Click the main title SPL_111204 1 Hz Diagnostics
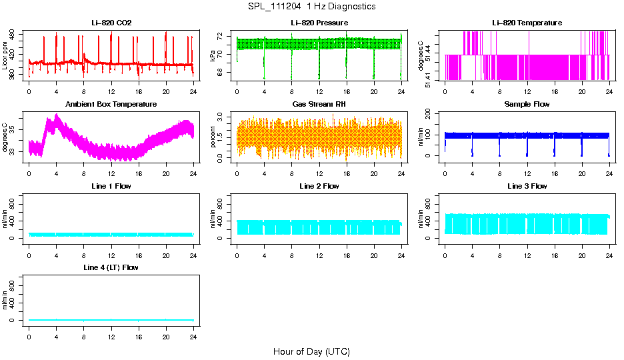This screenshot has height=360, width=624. tap(311, 7)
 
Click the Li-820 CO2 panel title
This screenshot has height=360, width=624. tap(111, 23)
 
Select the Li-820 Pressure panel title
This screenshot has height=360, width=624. tap(319, 23)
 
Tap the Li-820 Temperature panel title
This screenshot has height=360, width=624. tap(527, 23)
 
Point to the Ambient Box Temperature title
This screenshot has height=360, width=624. tap(111, 105)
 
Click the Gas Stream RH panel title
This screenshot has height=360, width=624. tap(319, 105)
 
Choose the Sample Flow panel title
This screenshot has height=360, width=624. tap(527, 105)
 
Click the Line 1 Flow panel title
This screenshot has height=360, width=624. tap(111, 186)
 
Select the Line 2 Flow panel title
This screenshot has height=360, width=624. tap(319, 186)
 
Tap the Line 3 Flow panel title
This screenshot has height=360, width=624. tap(527, 186)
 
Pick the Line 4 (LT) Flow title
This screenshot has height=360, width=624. tap(111, 267)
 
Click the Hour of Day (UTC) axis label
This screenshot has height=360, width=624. tap(311, 351)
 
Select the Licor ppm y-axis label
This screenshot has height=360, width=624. tap(5, 55)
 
